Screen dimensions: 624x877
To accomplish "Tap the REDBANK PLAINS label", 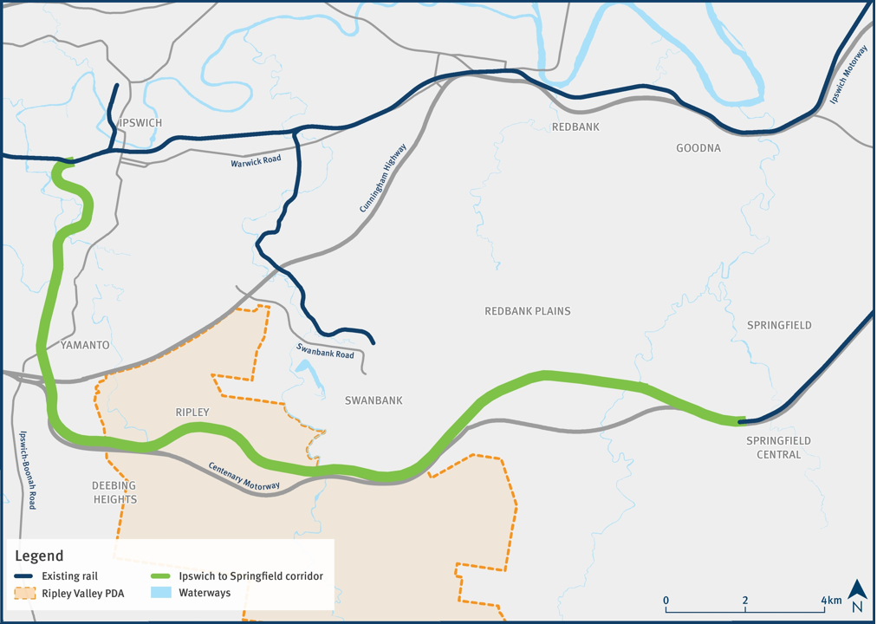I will pos(528,311).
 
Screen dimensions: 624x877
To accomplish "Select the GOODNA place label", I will pos(698,148).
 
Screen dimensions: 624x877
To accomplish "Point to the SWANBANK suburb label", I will pos(374,400).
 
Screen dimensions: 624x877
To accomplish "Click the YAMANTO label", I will pos(85,345).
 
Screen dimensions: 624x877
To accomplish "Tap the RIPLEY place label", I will pos(192,413).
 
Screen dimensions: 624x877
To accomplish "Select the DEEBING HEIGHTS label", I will pos(114,492).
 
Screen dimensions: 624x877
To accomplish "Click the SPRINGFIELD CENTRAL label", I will pos(778,447).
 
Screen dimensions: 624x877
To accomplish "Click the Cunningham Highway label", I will pos(383,179).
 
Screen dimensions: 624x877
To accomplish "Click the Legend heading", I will pos(39,556).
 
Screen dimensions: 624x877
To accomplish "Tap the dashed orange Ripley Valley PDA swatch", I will pos(25,595).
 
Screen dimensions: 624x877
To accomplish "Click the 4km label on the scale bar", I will pos(831,601).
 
